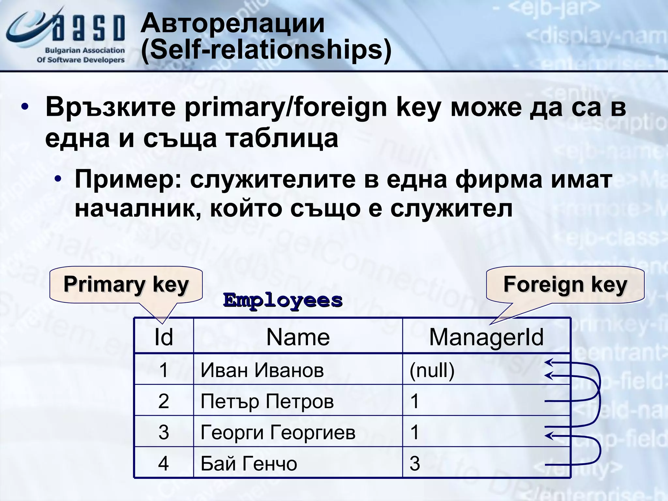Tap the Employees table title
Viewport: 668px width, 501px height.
(x=283, y=300)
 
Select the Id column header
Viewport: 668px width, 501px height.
(x=163, y=337)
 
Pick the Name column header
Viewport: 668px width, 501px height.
(x=298, y=337)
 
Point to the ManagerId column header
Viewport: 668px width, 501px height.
(x=486, y=337)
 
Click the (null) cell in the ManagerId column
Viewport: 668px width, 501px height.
(x=432, y=370)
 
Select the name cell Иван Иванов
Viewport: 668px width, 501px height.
(x=262, y=370)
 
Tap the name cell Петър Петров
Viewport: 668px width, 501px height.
(x=267, y=401)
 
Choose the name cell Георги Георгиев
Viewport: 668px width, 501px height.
(x=278, y=433)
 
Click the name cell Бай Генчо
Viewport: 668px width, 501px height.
(x=249, y=463)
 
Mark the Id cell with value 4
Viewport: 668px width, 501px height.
(x=163, y=463)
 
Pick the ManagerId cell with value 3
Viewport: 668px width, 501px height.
(x=415, y=463)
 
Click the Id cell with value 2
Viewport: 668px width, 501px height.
(x=163, y=401)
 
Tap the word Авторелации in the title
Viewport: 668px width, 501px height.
(x=233, y=23)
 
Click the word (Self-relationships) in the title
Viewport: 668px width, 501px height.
(x=266, y=50)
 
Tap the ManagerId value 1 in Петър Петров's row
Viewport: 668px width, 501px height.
(x=415, y=401)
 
